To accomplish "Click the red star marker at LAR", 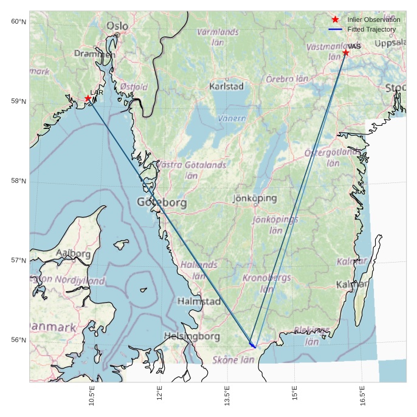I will coord(88,98).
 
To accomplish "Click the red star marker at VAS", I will coord(345,53).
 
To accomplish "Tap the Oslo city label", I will coord(117,26).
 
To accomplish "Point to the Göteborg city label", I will coord(162,202).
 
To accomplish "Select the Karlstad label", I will coord(226,86).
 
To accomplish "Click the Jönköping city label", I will coord(255,198).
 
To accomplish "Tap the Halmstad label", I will coord(199,301).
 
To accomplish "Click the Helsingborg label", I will coord(191,336).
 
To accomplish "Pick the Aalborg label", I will coord(73,253).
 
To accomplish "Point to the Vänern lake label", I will coord(232,118).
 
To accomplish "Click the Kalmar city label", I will coord(352,284).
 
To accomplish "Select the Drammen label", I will coord(94,53).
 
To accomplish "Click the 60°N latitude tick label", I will coord(19,22).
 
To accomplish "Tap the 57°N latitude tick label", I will coord(19,260).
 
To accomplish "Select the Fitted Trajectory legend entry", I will coord(371,29).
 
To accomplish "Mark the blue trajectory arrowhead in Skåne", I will coord(253,346).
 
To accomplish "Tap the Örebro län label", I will coord(288,79).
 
